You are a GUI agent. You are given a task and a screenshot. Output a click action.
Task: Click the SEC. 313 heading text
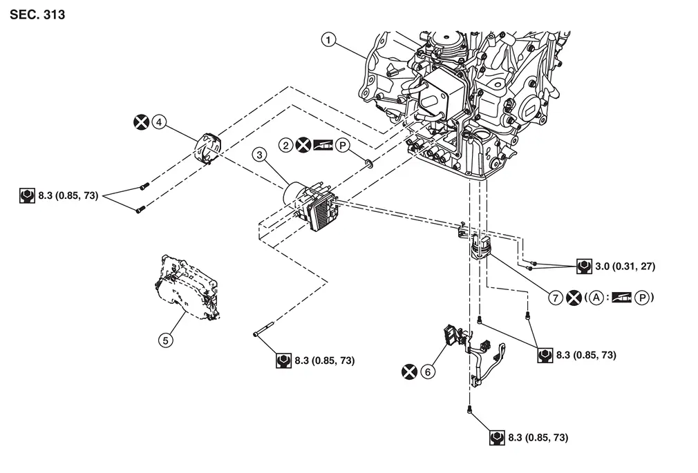click(37, 15)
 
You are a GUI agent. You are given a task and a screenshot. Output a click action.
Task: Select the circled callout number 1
click(328, 40)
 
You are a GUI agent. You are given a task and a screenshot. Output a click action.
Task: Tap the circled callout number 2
click(286, 145)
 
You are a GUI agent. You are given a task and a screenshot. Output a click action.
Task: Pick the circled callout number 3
click(260, 155)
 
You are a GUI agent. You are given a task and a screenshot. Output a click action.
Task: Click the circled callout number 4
click(160, 122)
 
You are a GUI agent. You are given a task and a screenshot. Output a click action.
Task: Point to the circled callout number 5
click(166, 340)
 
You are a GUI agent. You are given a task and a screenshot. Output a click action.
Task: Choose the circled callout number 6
click(428, 371)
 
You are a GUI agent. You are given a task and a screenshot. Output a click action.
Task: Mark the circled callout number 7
click(555, 298)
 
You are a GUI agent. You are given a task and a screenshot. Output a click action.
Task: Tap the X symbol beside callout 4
click(142, 122)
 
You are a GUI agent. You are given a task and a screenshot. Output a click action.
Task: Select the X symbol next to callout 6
click(410, 371)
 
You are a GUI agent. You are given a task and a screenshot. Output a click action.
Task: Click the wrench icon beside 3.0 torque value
click(584, 266)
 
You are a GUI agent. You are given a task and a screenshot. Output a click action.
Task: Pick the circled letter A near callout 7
click(596, 297)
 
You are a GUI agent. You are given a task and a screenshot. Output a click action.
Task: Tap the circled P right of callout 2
click(342, 145)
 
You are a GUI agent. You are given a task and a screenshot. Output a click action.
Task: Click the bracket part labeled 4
click(208, 147)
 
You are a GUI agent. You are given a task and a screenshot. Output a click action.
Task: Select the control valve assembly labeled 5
click(186, 287)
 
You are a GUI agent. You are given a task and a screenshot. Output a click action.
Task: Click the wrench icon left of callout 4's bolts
click(27, 196)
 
